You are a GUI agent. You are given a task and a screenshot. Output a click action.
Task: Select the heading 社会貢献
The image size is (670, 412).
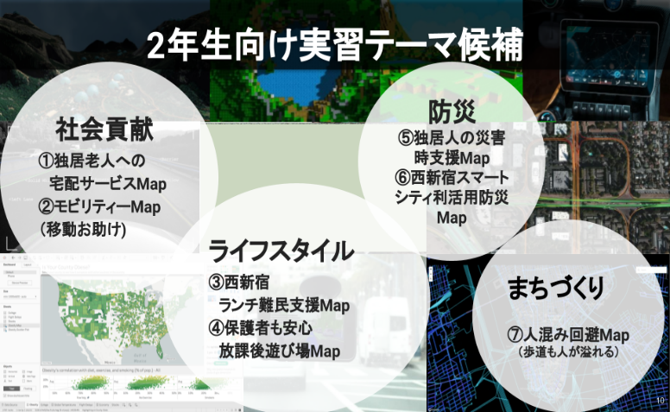tap(104, 130)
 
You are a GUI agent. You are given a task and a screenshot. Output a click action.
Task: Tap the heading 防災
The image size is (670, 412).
tap(451, 111)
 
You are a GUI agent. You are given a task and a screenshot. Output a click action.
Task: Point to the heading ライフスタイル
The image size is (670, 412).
tap(281, 250)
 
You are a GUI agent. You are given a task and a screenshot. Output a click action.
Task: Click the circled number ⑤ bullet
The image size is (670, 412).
tap(407, 137)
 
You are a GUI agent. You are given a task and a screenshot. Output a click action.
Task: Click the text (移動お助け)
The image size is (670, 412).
tap(84, 230)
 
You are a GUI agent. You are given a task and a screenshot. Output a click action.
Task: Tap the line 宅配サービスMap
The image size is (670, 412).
tap(108, 184)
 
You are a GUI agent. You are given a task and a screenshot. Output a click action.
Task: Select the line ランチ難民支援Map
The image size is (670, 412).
tap(284, 305)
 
